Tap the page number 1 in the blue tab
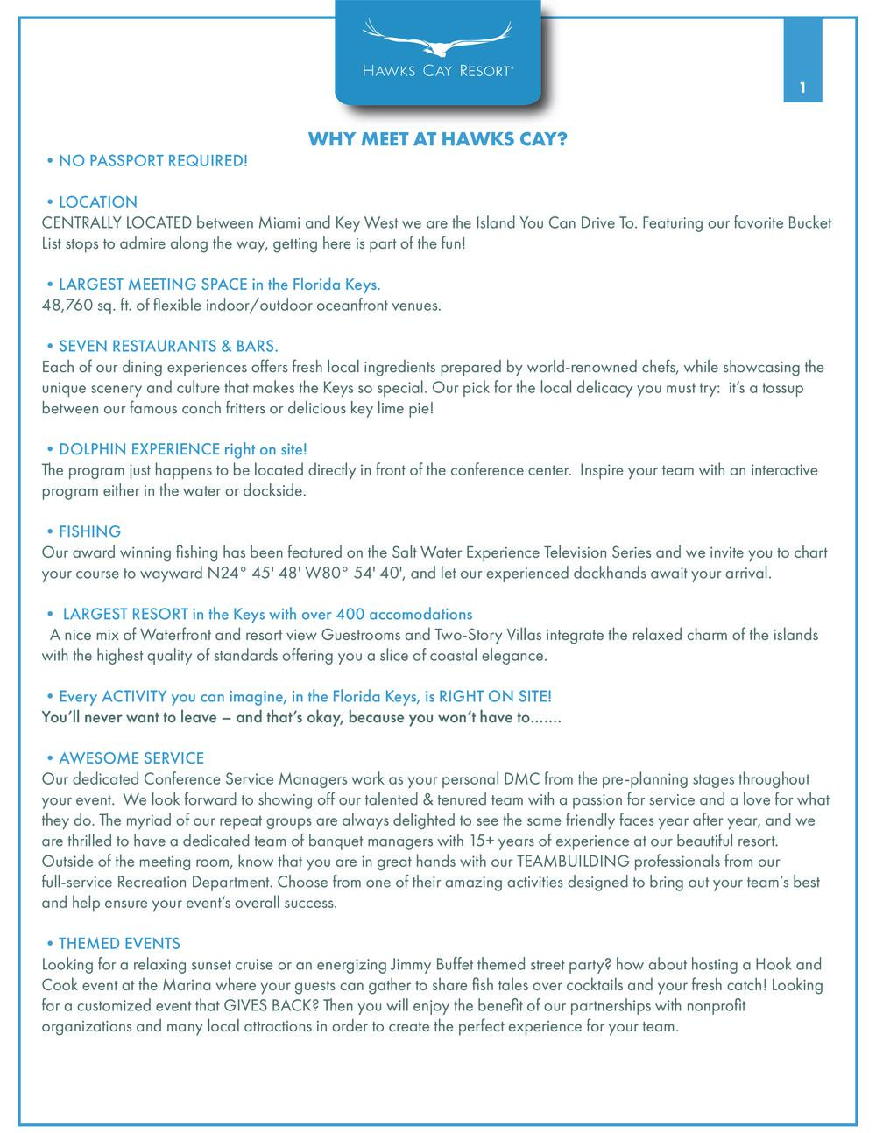(x=802, y=88)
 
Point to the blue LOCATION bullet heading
(x=97, y=202)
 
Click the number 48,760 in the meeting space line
(x=67, y=306)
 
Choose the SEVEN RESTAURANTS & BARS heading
(x=167, y=347)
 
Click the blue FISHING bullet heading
(x=89, y=531)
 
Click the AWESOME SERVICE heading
(x=131, y=758)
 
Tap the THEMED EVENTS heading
(x=119, y=944)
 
